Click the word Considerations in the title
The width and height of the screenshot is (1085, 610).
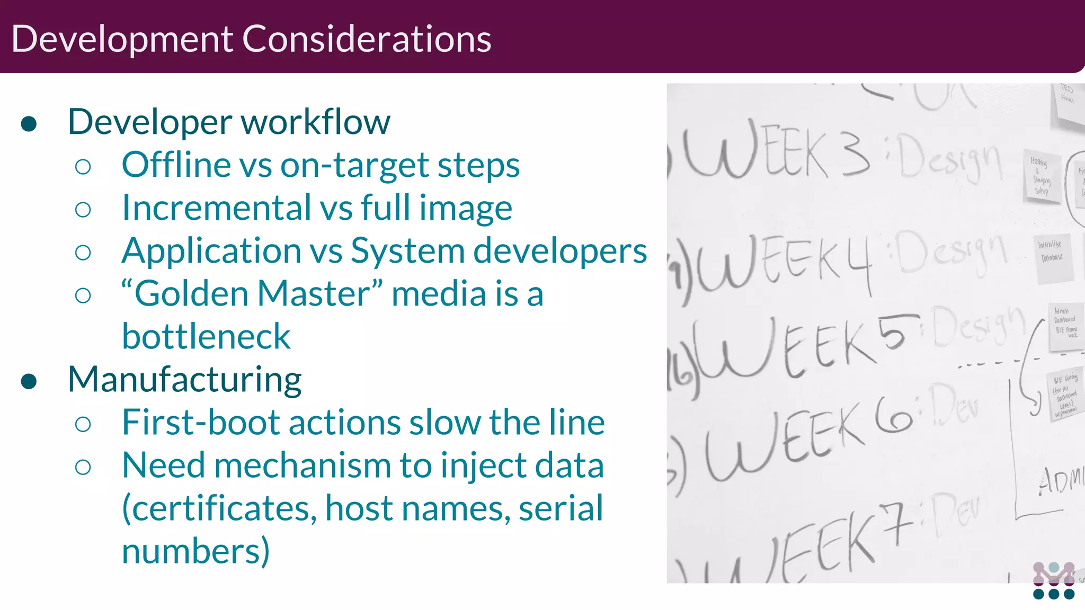[367, 39]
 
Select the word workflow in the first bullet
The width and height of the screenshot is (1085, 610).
[316, 122]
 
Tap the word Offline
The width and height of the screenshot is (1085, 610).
[176, 165]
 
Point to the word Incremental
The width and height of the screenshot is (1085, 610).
[217, 208]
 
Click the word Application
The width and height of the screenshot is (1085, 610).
[211, 251]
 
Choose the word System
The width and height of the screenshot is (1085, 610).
[407, 251]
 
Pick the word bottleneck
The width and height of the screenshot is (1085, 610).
[206, 336]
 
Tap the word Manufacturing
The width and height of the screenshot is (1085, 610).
[185, 380]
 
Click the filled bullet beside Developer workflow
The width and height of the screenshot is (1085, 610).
[29, 124]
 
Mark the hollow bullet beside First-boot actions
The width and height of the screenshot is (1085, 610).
[83, 424]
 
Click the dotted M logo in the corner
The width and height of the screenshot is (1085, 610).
[1054, 581]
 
